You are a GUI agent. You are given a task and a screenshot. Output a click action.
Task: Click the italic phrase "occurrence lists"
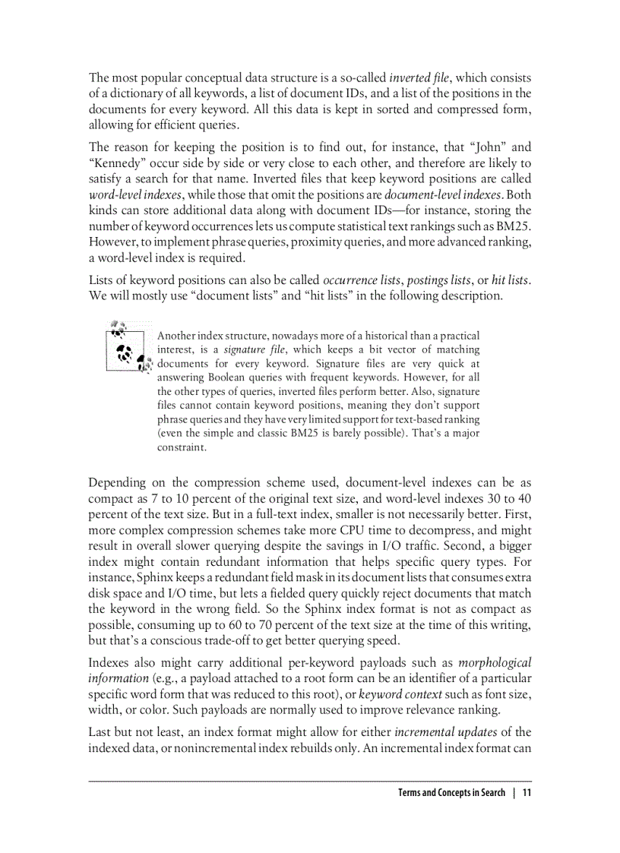pyautogui.click(x=360, y=280)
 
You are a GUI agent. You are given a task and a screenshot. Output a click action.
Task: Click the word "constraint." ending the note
pyautogui.click(x=182, y=447)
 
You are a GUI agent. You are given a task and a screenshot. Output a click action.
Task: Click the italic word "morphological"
pyautogui.click(x=495, y=662)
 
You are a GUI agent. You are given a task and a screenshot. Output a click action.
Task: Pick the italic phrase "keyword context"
pyautogui.click(x=400, y=693)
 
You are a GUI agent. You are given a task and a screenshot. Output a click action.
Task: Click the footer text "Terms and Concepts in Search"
pyautogui.click(x=451, y=793)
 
